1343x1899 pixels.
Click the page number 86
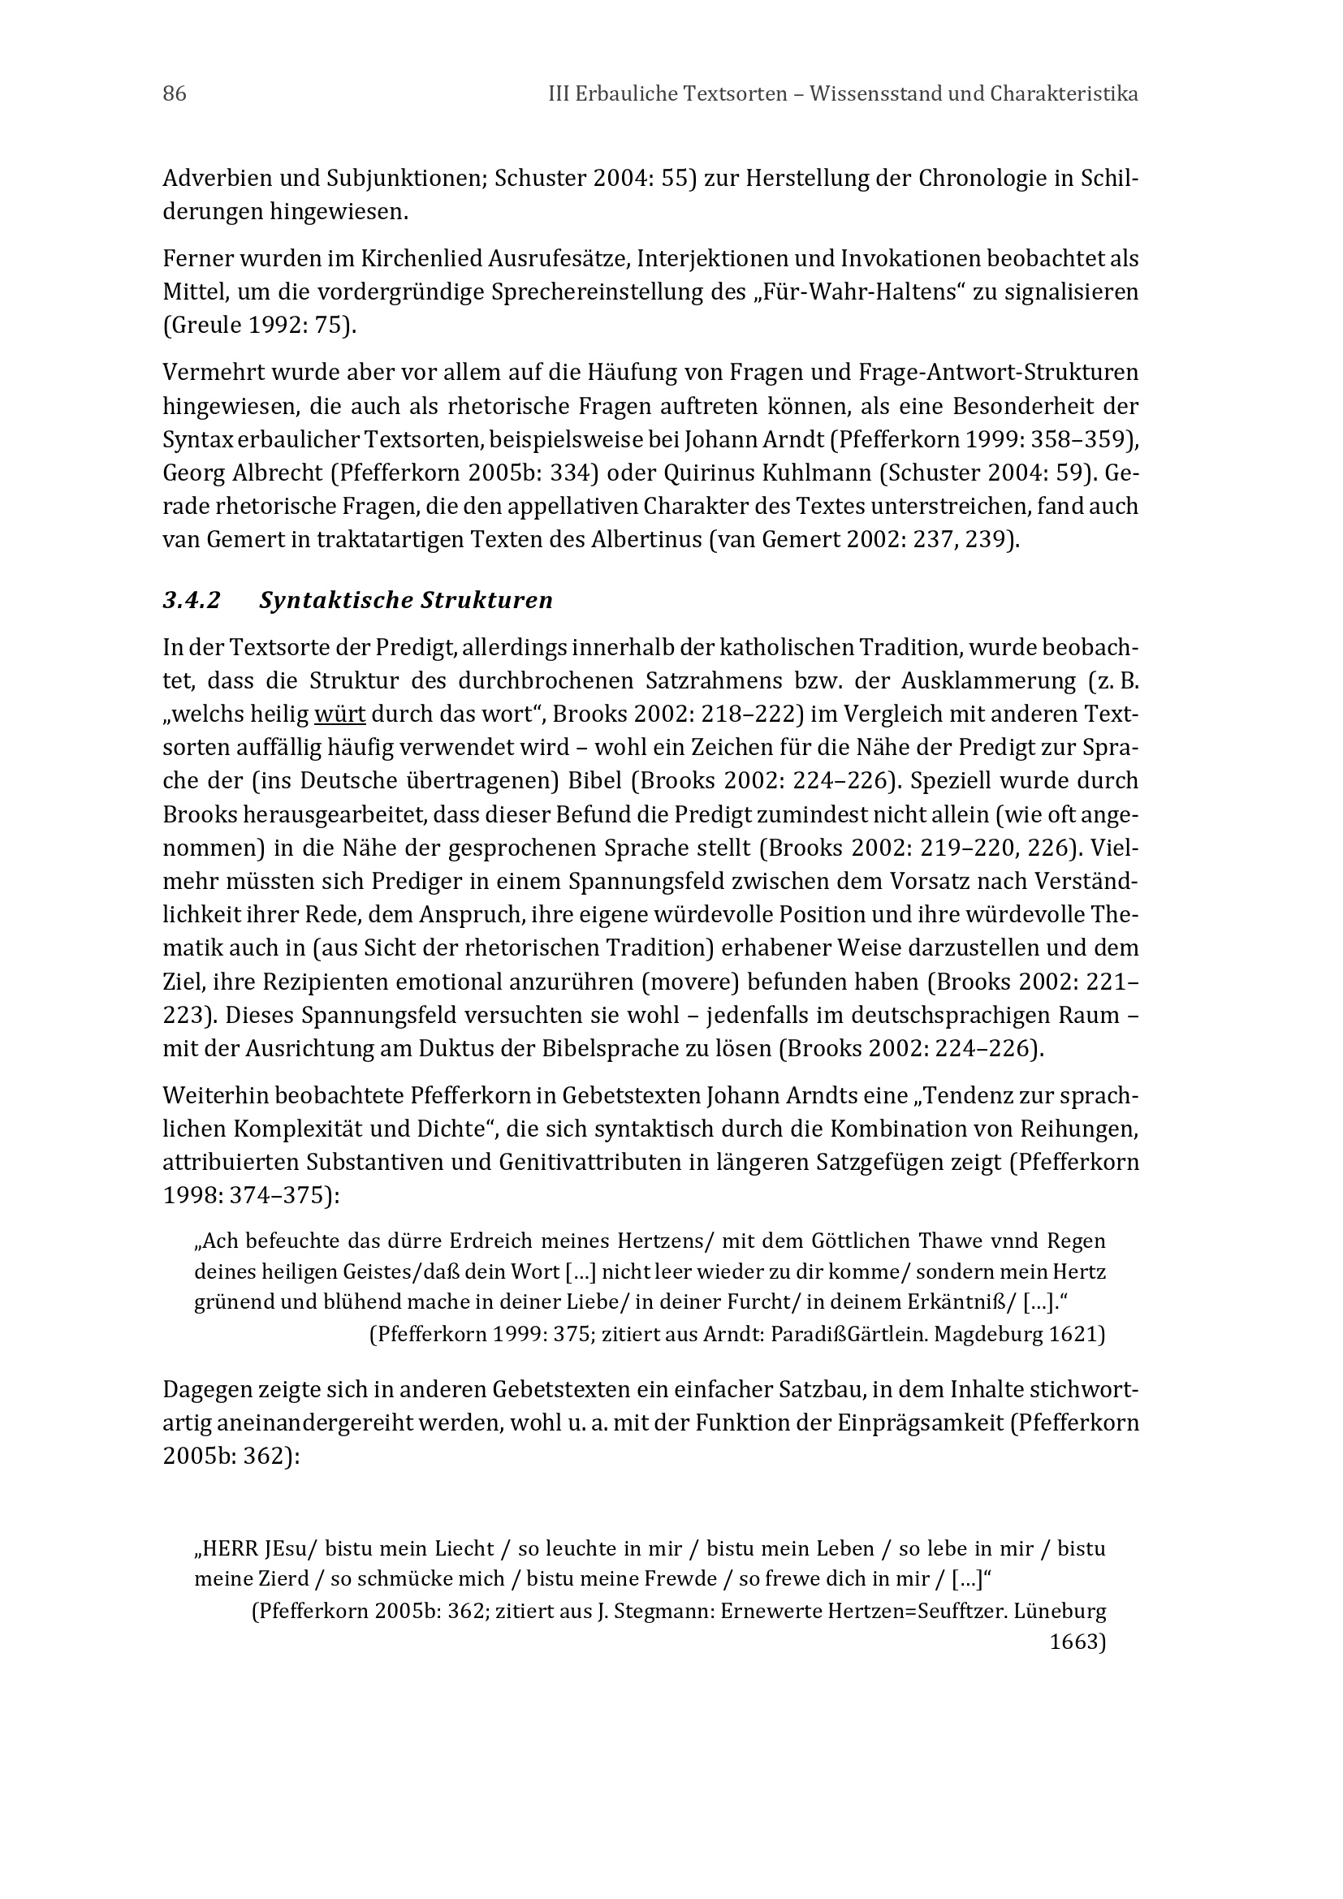pyautogui.click(x=175, y=94)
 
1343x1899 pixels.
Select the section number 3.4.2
pyautogui.click(x=192, y=601)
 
